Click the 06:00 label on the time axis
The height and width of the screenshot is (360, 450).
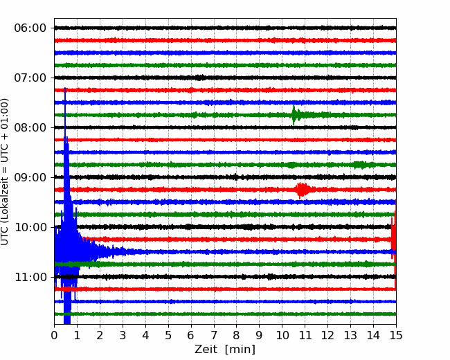coord(30,28)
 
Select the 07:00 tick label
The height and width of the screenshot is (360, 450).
coord(30,78)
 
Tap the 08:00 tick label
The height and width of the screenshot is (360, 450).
coord(30,127)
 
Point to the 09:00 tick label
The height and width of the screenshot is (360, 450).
coord(30,177)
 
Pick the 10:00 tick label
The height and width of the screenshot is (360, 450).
coord(30,227)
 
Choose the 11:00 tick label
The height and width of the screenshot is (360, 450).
coord(30,277)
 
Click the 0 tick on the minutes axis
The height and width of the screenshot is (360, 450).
coord(54,335)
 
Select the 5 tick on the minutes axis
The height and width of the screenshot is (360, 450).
coord(168,335)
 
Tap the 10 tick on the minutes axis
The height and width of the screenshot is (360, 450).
coord(282,335)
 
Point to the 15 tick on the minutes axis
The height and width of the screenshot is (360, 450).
coord(396,335)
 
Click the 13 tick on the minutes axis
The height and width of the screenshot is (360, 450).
coord(350,335)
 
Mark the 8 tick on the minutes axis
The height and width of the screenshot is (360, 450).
coord(237,335)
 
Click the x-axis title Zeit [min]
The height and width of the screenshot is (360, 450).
coord(225,350)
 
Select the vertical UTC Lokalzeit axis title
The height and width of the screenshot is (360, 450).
coord(5,172)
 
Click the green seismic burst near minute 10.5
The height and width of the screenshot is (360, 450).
coord(296,115)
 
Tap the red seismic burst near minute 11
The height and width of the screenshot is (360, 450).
coord(302,190)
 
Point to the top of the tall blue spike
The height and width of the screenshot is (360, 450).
coord(65,88)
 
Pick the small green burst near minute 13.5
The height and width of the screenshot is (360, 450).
coord(361,165)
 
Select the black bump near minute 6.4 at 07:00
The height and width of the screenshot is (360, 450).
coord(200,78)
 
